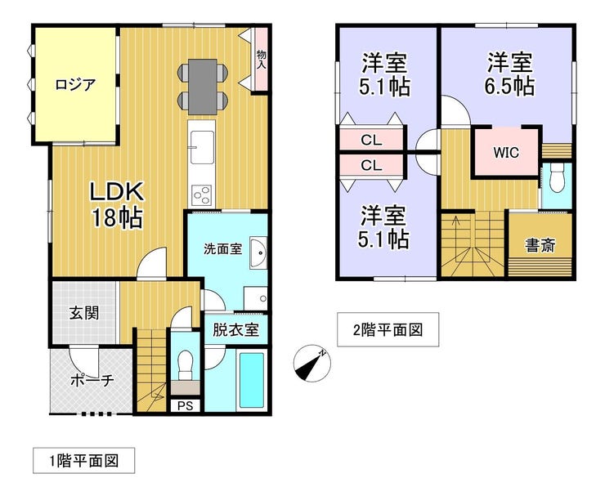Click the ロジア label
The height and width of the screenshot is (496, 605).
(x=75, y=84)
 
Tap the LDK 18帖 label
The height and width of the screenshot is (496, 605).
(x=117, y=205)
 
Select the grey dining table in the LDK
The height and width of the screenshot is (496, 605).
(x=202, y=87)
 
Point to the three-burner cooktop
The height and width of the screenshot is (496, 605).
(x=202, y=195)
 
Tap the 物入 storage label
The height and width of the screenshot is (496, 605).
(x=262, y=60)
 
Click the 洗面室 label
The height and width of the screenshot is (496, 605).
(x=223, y=249)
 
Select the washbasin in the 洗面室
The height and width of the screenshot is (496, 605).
(x=258, y=253)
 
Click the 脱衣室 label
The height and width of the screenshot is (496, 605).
(x=235, y=330)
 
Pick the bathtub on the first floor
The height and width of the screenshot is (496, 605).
(x=252, y=380)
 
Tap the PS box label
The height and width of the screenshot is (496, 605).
(x=186, y=406)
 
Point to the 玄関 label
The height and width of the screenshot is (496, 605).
(x=84, y=313)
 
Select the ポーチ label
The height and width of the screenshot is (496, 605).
(x=92, y=381)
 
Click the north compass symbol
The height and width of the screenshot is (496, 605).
(x=311, y=364)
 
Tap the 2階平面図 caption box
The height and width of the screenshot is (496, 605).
(x=388, y=330)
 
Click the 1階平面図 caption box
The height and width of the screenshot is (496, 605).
(x=83, y=461)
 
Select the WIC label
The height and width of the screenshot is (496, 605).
(x=506, y=153)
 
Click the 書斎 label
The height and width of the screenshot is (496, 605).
(x=540, y=245)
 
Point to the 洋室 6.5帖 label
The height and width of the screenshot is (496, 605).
(x=509, y=75)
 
